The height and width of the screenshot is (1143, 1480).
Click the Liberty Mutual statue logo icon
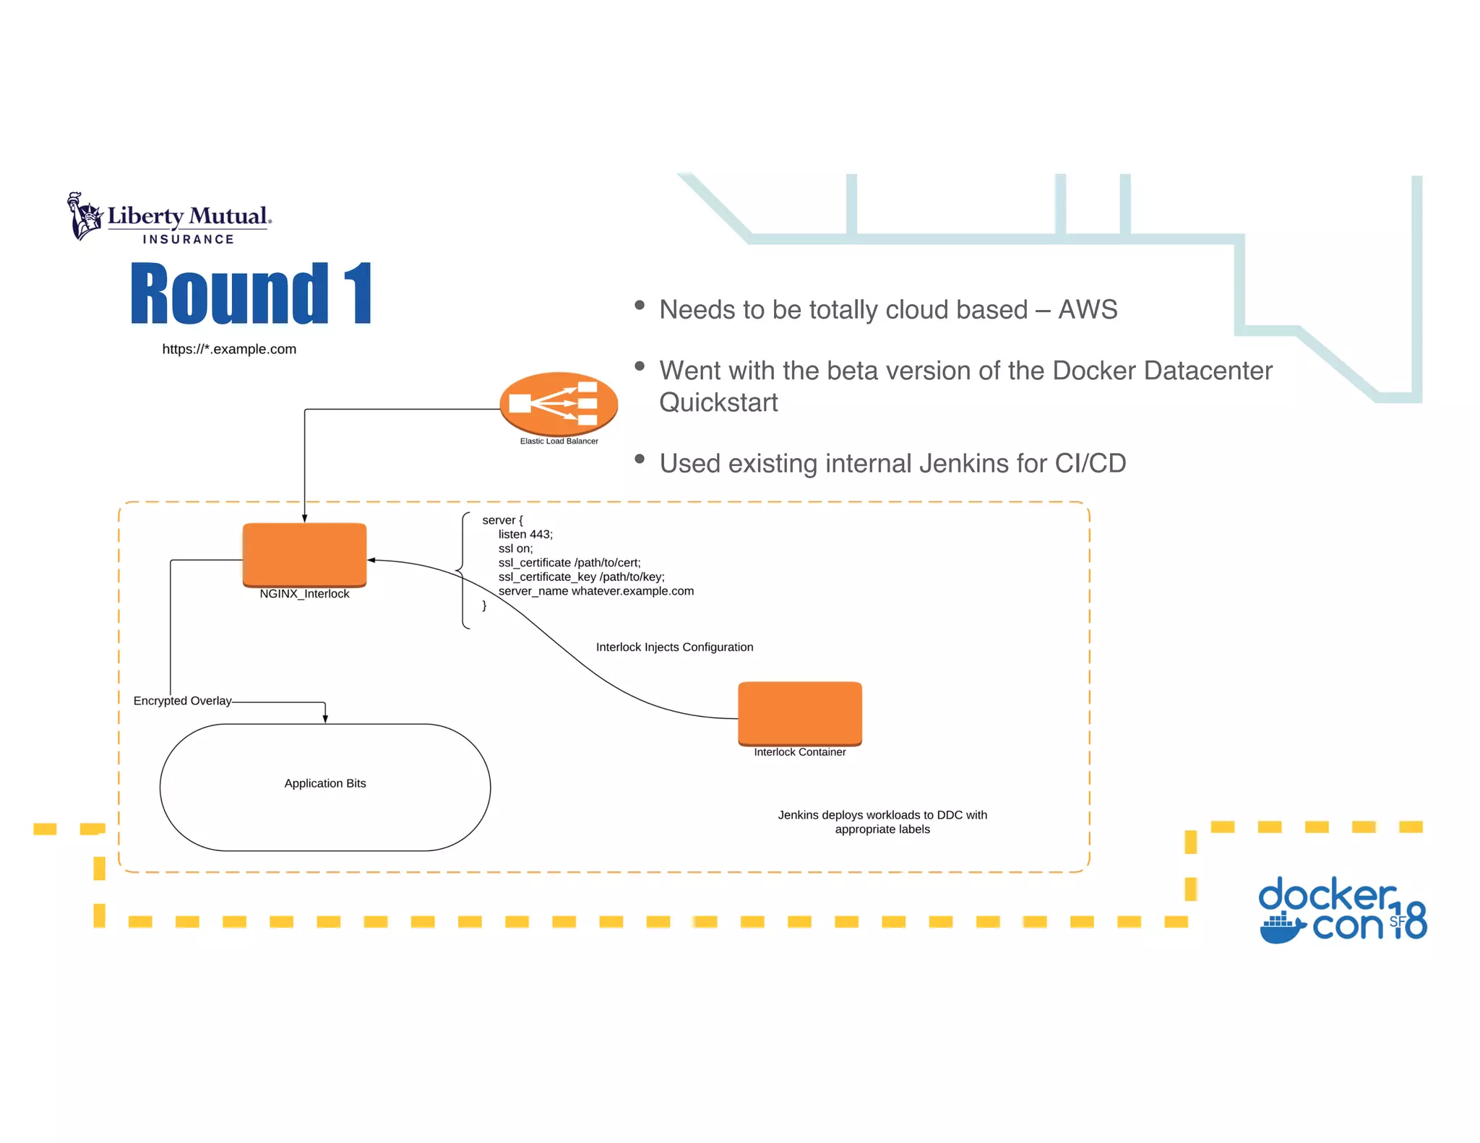tap(85, 216)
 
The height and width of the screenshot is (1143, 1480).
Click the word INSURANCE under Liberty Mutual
tap(189, 239)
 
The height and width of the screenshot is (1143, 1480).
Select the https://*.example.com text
tap(229, 349)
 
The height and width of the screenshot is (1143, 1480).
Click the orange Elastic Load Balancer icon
tap(559, 402)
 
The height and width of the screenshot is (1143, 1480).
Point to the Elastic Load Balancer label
tap(559, 441)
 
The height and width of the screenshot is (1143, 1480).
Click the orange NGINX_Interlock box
tap(304, 553)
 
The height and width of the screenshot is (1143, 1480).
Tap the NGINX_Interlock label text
tap(304, 594)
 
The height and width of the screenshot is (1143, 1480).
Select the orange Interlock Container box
tap(799, 712)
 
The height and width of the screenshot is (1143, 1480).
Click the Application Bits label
tap(325, 783)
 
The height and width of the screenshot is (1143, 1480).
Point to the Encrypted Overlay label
tap(182, 701)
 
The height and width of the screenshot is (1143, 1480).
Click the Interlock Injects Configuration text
tap(674, 647)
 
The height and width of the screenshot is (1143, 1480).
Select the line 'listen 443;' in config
tap(525, 535)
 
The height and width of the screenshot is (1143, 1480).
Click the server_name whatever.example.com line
tap(595, 591)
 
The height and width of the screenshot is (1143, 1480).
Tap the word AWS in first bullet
tap(1088, 310)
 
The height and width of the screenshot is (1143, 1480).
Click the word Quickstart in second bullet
tap(718, 402)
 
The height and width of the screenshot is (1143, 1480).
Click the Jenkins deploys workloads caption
tap(882, 822)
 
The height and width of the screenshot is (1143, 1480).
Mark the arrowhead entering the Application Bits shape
tap(325, 718)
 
